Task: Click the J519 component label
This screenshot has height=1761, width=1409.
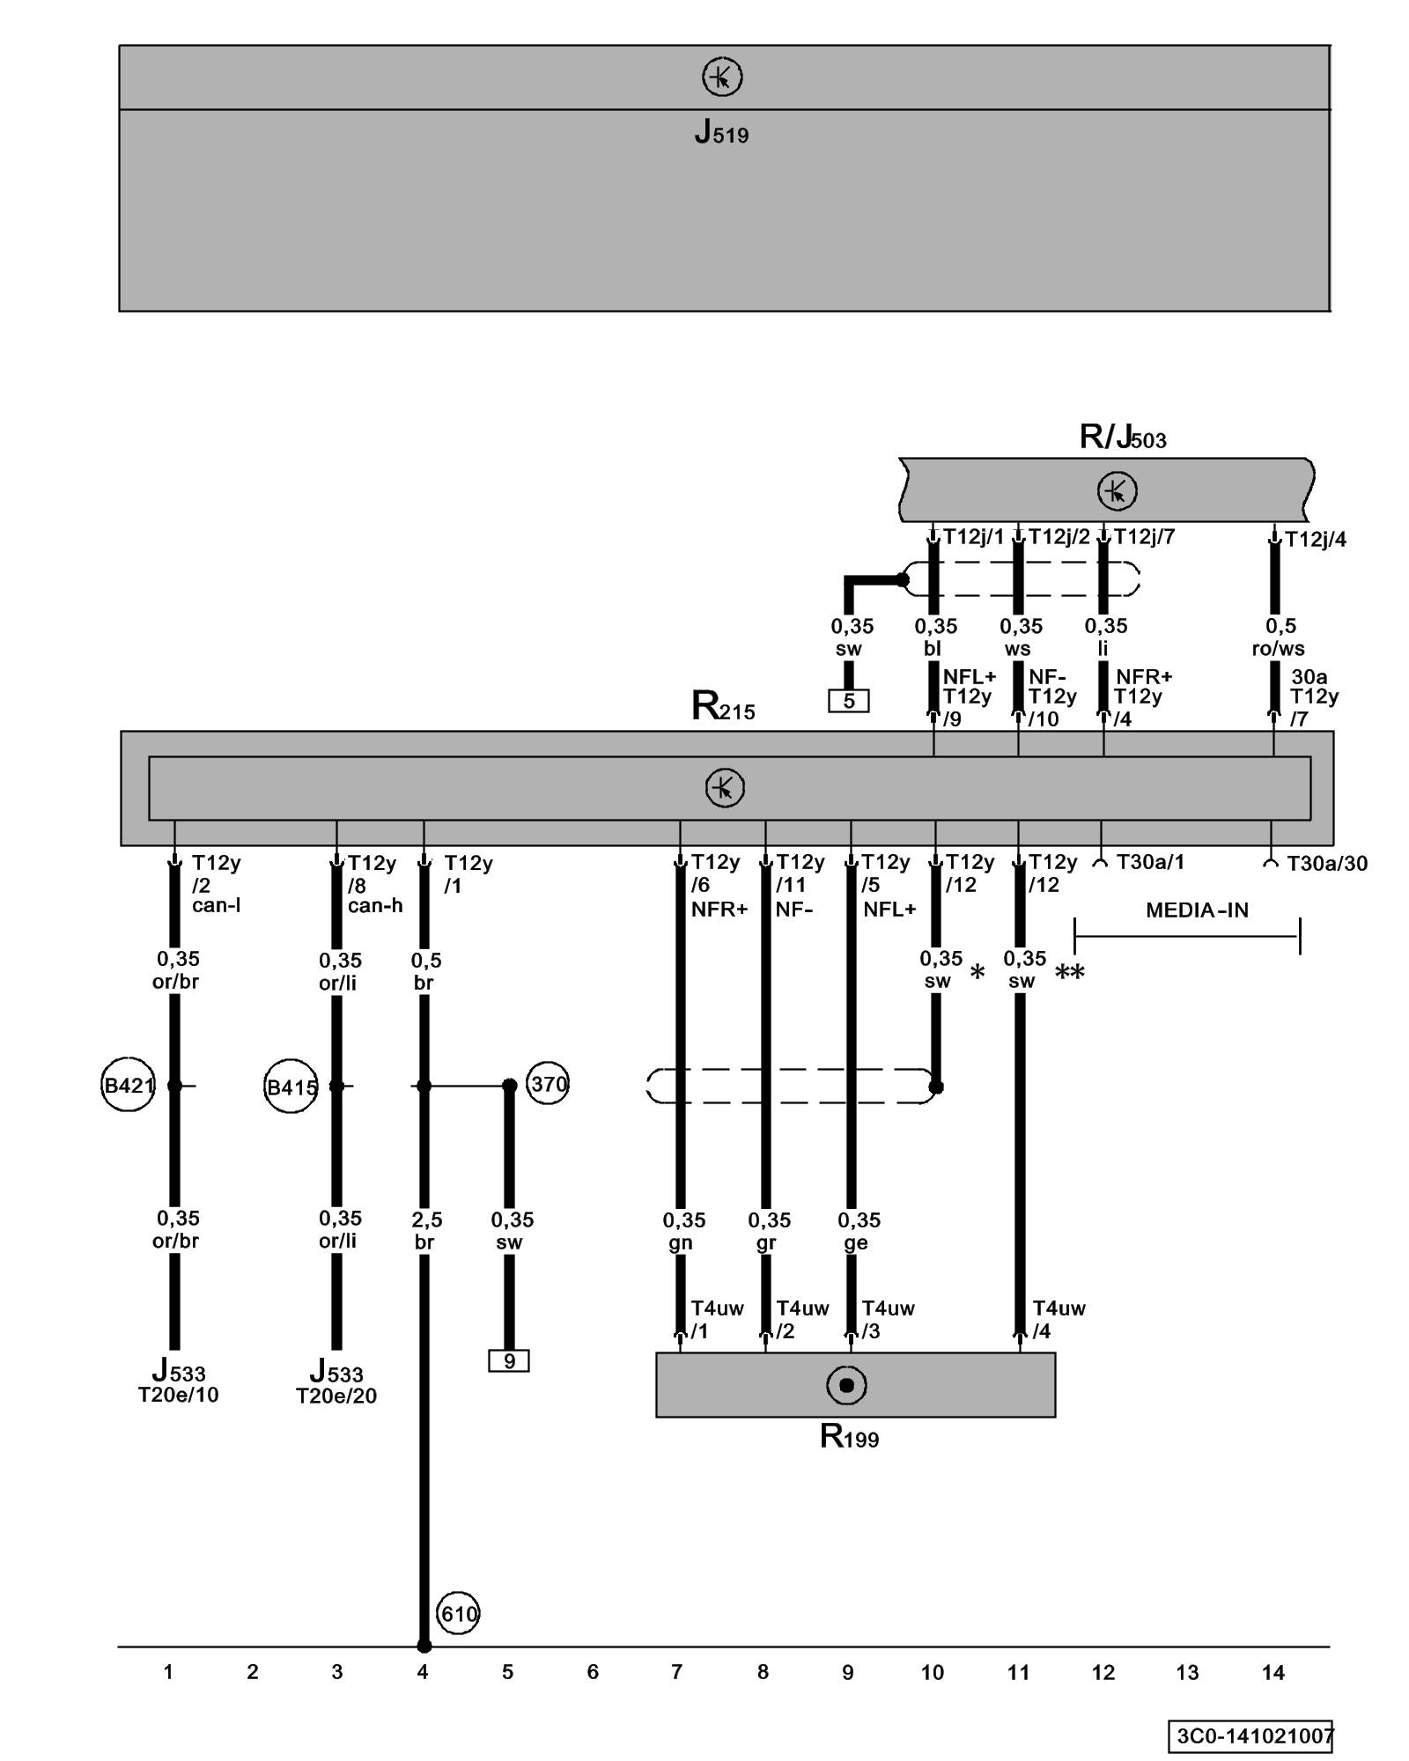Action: coord(721,132)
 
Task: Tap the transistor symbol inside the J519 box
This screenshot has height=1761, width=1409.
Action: coord(722,77)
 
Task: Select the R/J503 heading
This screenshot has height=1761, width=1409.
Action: coord(1123,437)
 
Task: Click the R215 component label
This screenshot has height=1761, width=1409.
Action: coord(723,707)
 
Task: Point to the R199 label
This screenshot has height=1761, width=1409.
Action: coord(849,1437)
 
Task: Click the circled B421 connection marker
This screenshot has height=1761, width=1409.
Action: coord(128,1086)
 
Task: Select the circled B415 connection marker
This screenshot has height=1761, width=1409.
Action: coord(291,1087)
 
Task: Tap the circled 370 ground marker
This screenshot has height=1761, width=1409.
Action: coord(548,1084)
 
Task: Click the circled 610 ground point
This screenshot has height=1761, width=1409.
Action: coord(458,1614)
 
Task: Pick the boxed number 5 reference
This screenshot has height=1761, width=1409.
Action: coord(849,701)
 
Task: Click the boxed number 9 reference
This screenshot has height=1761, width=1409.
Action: coord(509,1361)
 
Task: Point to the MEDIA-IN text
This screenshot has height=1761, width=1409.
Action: coord(1197,910)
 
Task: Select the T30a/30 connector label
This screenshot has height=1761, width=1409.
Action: coord(1326,864)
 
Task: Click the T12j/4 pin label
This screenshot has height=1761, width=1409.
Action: coord(1315,540)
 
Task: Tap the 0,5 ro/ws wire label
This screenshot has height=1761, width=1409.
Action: coord(1279,637)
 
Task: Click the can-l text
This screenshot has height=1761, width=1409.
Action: coord(217,905)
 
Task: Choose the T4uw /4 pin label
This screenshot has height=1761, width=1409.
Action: coord(1059,1320)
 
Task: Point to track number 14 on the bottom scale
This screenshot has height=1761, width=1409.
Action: coord(1273,1672)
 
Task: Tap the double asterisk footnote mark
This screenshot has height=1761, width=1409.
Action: coord(1070,973)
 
